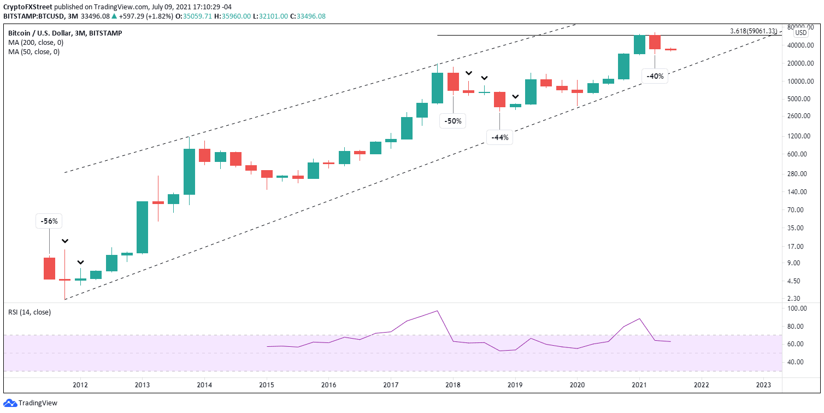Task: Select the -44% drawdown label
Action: [499, 138]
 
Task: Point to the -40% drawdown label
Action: [655, 77]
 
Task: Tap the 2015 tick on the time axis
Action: [266, 385]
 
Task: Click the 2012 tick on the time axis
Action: [80, 385]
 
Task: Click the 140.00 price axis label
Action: [801, 192]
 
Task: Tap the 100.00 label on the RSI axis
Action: [801, 309]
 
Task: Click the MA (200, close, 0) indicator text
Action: [34, 43]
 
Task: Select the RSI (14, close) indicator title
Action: [30, 312]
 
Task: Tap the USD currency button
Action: [801, 32]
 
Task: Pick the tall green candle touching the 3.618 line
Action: [639, 44]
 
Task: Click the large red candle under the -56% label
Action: [49, 268]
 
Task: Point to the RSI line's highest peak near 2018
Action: [438, 311]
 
